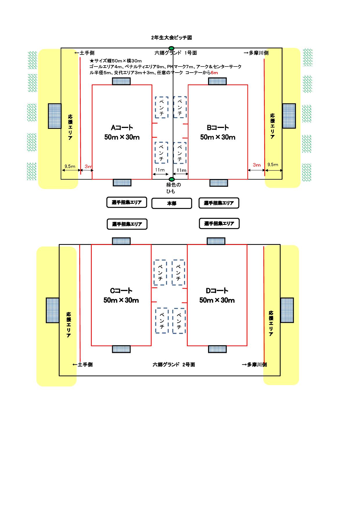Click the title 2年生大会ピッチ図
[x=171, y=38]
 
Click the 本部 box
[x=172, y=203]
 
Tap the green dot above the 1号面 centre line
[x=172, y=48]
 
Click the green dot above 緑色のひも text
[x=172, y=179]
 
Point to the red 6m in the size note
[x=214, y=73]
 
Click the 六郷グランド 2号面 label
[x=174, y=365]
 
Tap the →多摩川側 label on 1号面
[x=256, y=53]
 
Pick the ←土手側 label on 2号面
[x=82, y=365]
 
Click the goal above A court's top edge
[x=121, y=81]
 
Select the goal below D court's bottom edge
[x=217, y=349]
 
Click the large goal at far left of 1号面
[x=55, y=116]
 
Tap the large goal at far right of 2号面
[x=287, y=310]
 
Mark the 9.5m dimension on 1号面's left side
[x=70, y=167]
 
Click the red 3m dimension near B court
[x=257, y=165]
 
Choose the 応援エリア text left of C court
[x=69, y=325]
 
